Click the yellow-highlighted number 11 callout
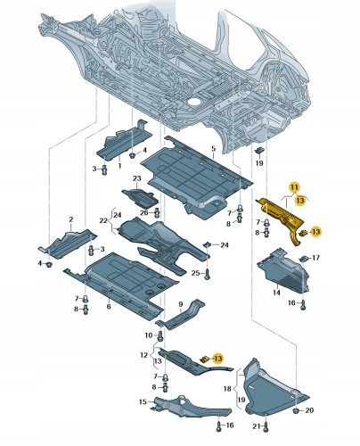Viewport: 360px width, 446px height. click(294, 187)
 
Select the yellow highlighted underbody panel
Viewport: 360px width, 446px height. click(281, 216)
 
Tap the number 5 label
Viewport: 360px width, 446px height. click(214, 148)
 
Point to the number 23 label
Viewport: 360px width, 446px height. click(137, 178)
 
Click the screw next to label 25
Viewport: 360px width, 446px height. click(208, 273)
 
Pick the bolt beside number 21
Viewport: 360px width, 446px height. click(266, 426)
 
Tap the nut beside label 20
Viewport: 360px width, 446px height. click(297, 411)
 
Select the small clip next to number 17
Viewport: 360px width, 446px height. click(304, 259)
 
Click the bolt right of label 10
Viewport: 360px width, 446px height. click(160, 336)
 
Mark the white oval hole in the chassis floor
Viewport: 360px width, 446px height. click(194, 102)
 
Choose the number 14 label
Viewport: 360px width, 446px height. click(276, 293)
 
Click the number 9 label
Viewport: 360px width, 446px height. click(181, 304)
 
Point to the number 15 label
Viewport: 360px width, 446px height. click(143, 402)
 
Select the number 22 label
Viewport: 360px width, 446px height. click(103, 221)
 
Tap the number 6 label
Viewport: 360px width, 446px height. click(109, 307)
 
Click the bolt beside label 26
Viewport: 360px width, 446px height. click(157, 212)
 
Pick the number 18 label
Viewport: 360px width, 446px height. click(227, 389)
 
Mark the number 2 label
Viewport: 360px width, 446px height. click(71, 219)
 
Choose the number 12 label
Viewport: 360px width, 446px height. click(143, 355)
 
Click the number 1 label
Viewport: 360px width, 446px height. click(120, 165)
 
